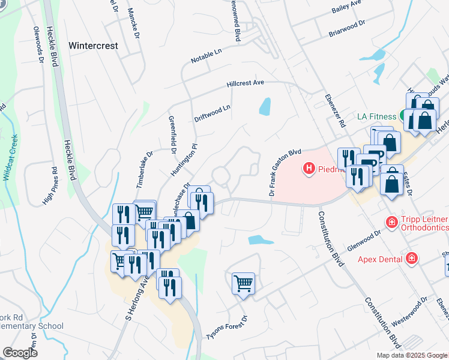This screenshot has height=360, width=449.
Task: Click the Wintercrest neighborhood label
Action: click(x=93, y=45)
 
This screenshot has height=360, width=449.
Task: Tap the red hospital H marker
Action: click(x=309, y=169)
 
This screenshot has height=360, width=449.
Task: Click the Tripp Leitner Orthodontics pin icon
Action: click(x=391, y=223)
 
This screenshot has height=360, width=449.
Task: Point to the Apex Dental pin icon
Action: click(x=412, y=259)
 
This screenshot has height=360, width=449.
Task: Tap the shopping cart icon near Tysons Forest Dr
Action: click(x=243, y=283)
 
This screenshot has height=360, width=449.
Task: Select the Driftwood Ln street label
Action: click(x=212, y=114)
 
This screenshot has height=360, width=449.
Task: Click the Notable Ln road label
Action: click(x=206, y=57)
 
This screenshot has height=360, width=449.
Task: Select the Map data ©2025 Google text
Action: click(x=412, y=355)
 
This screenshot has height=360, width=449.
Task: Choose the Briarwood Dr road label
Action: click(x=347, y=30)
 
